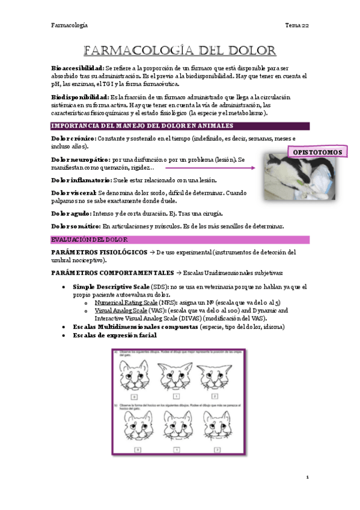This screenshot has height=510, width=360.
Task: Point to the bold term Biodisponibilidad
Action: click(80, 96)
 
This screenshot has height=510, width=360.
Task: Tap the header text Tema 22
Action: click(297, 25)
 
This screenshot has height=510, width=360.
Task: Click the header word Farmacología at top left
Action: click(69, 25)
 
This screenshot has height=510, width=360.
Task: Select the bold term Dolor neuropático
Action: click(81, 160)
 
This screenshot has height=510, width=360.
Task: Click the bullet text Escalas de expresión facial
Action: click(115, 335)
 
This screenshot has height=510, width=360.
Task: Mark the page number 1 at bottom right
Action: click(307, 477)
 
